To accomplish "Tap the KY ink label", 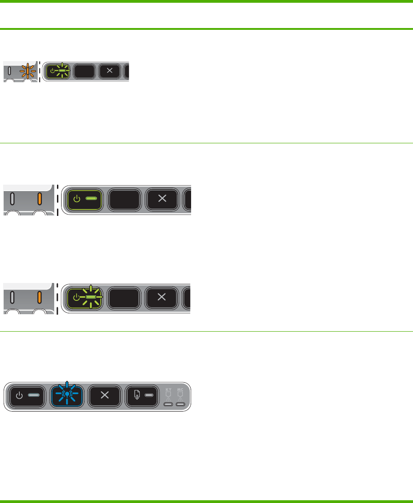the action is [168, 390].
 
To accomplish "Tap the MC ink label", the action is [181, 390].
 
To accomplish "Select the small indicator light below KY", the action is [168, 405].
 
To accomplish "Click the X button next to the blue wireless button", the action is [104, 395].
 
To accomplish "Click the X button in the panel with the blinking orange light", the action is [109, 71].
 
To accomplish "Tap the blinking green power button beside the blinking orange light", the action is [58, 71].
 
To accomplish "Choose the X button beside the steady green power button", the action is [162, 199].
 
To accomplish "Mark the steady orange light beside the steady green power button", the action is [40, 199].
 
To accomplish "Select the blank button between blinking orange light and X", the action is [84, 71].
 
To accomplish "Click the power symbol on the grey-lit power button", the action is [19, 395].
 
